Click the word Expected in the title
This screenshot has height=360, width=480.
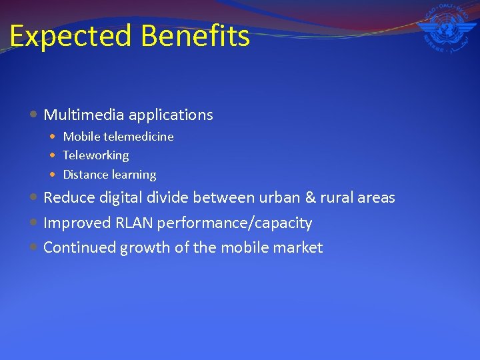(61, 36)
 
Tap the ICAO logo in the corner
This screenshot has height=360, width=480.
(445, 30)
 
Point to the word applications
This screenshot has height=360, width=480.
(171, 115)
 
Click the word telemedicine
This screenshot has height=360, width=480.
(138, 137)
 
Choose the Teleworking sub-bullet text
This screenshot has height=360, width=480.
(96, 155)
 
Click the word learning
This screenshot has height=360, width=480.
(135, 175)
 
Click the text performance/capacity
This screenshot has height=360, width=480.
(235, 223)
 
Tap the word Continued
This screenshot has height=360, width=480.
(80, 248)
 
